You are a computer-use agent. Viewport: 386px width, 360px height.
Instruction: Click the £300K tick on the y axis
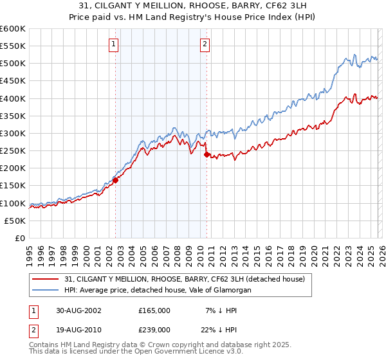[x=13, y=133]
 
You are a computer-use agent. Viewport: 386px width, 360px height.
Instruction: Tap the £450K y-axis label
[x=13, y=81]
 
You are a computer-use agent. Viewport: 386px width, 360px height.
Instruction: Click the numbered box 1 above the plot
[x=113, y=44]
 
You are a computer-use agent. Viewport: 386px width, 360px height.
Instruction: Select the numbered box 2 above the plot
[x=205, y=44]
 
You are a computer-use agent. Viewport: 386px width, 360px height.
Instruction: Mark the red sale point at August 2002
[x=116, y=181]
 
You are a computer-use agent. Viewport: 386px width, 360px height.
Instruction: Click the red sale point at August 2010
[x=207, y=154]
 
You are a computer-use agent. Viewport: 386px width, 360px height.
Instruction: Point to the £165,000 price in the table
[x=154, y=310]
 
